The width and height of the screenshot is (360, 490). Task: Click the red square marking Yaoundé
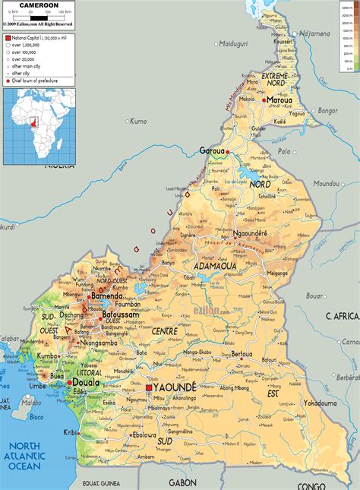click(x=149, y=388)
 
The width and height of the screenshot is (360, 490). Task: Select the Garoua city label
click(x=214, y=150)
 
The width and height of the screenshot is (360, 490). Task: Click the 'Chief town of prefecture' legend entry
click(x=45, y=80)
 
